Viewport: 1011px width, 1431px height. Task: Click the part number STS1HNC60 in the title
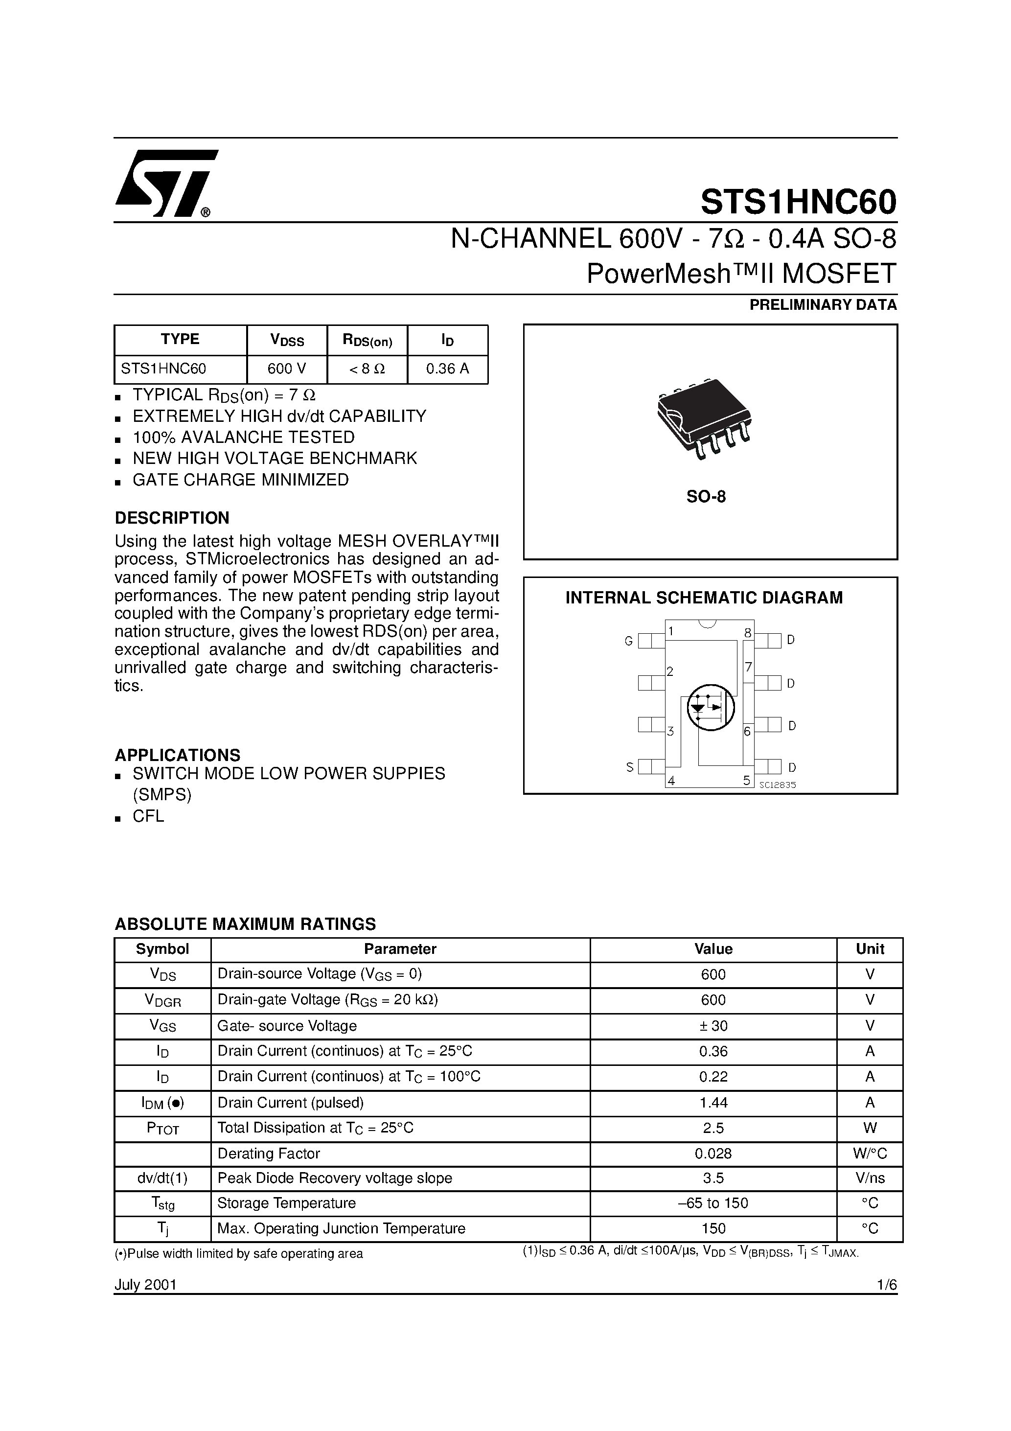pyautogui.click(x=799, y=201)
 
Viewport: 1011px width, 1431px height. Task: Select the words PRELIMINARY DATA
pyautogui.click(x=823, y=305)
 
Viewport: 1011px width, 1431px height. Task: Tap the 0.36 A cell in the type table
pyautogui.click(x=448, y=369)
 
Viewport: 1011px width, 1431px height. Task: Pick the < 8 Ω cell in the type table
pyautogui.click(x=367, y=369)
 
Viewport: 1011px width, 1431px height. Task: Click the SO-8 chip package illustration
pyautogui.click(x=704, y=417)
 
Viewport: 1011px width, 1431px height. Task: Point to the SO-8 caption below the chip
pyautogui.click(x=706, y=497)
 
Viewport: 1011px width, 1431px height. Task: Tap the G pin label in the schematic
pyautogui.click(x=628, y=641)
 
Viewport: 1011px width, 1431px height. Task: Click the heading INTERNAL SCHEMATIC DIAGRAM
pyautogui.click(x=704, y=598)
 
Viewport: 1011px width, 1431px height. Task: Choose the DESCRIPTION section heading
pyautogui.click(x=172, y=518)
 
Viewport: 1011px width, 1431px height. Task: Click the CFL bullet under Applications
pyautogui.click(x=148, y=816)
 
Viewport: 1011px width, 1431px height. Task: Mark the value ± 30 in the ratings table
pyautogui.click(x=713, y=1026)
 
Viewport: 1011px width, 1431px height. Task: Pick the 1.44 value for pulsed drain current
pyautogui.click(x=713, y=1103)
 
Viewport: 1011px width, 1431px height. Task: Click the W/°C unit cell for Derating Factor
pyautogui.click(x=870, y=1154)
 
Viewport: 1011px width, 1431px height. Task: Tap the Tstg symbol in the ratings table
pyautogui.click(x=162, y=1204)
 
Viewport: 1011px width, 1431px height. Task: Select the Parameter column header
pyautogui.click(x=400, y=949)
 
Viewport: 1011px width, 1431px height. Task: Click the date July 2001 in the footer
pyautogui.click(x=146, y=1285)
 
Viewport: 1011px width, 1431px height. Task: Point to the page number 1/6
pyautogui.click(x=886, y=1285)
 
